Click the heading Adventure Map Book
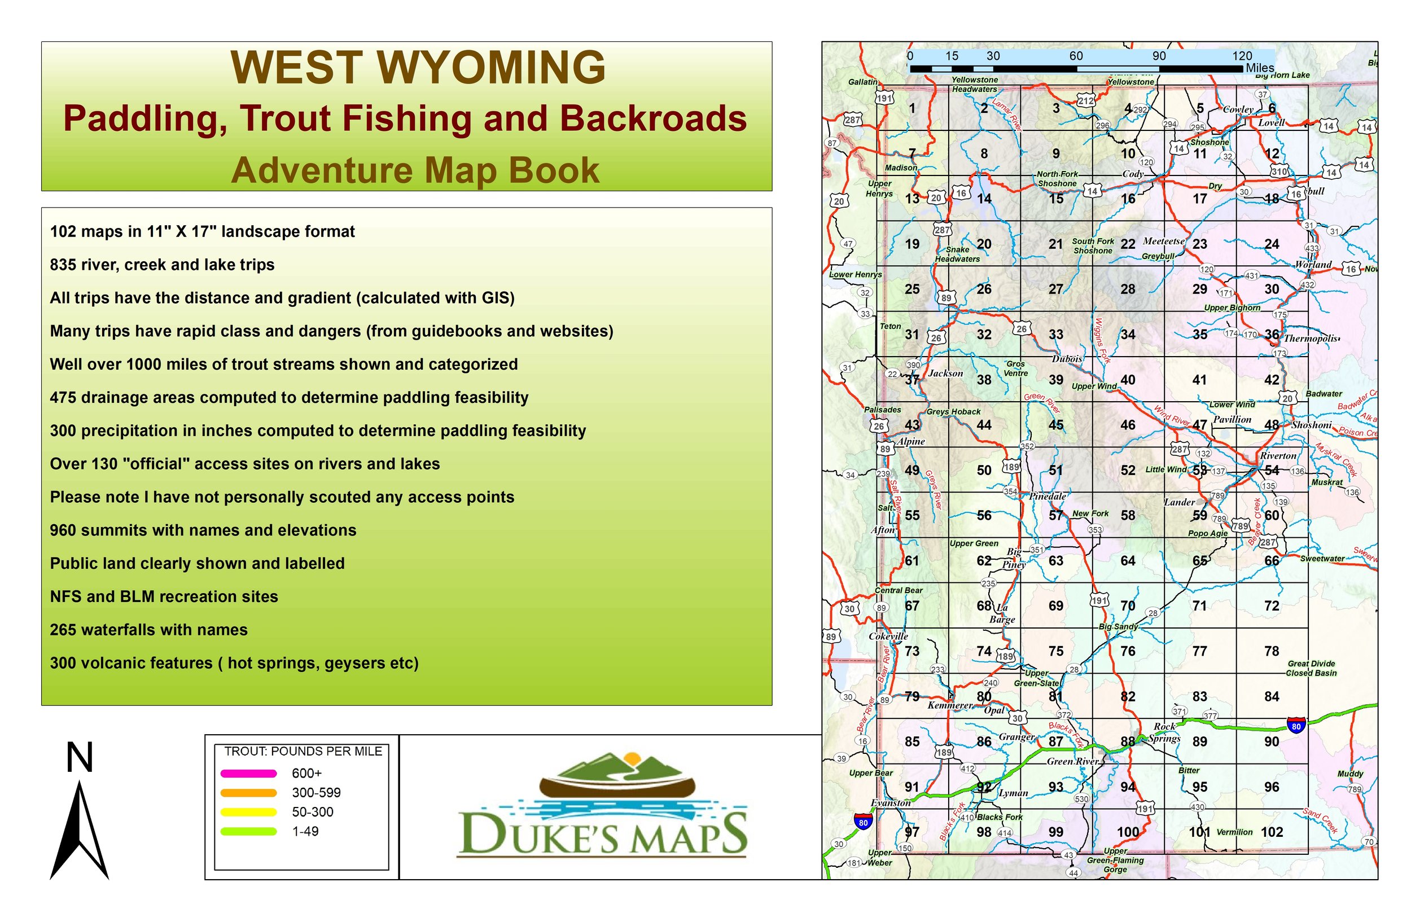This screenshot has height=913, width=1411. click(415, 170)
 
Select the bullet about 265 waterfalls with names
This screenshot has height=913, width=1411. click(148, 630)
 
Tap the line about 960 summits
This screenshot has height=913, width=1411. click(203, 530)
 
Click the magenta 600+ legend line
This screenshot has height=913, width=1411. click(248, 773)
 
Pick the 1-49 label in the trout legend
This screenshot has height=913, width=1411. click(305, 831)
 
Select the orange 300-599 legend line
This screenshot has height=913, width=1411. click(248, 793)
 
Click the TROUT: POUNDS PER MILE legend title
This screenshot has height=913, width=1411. click(303, 751)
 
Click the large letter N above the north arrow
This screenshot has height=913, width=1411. click(80, 758)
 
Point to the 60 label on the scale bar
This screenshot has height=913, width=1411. click(1076, 56)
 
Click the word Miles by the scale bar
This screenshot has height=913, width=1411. click(1259, 68)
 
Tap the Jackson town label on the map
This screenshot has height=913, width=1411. click(945, 373)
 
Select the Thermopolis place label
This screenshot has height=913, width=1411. click(1311, 339)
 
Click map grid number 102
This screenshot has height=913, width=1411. click(1272, 832)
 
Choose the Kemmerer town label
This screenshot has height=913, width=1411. click(950, 705)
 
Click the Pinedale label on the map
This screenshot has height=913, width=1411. click(1048, 496)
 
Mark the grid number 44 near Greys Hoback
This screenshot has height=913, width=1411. click(984, 425)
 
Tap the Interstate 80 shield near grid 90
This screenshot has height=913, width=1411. click(1296, 726)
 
